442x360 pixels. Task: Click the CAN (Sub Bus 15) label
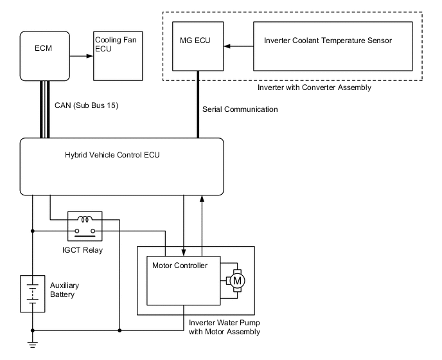pyautogui.click(x=91, y=104)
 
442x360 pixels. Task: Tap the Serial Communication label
pyautogui.click(x=240, y=109)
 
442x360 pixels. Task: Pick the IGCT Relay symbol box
pyautogui.click(x=85, y=226)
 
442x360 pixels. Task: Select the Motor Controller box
pyautogui.click(x=183, y=280)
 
